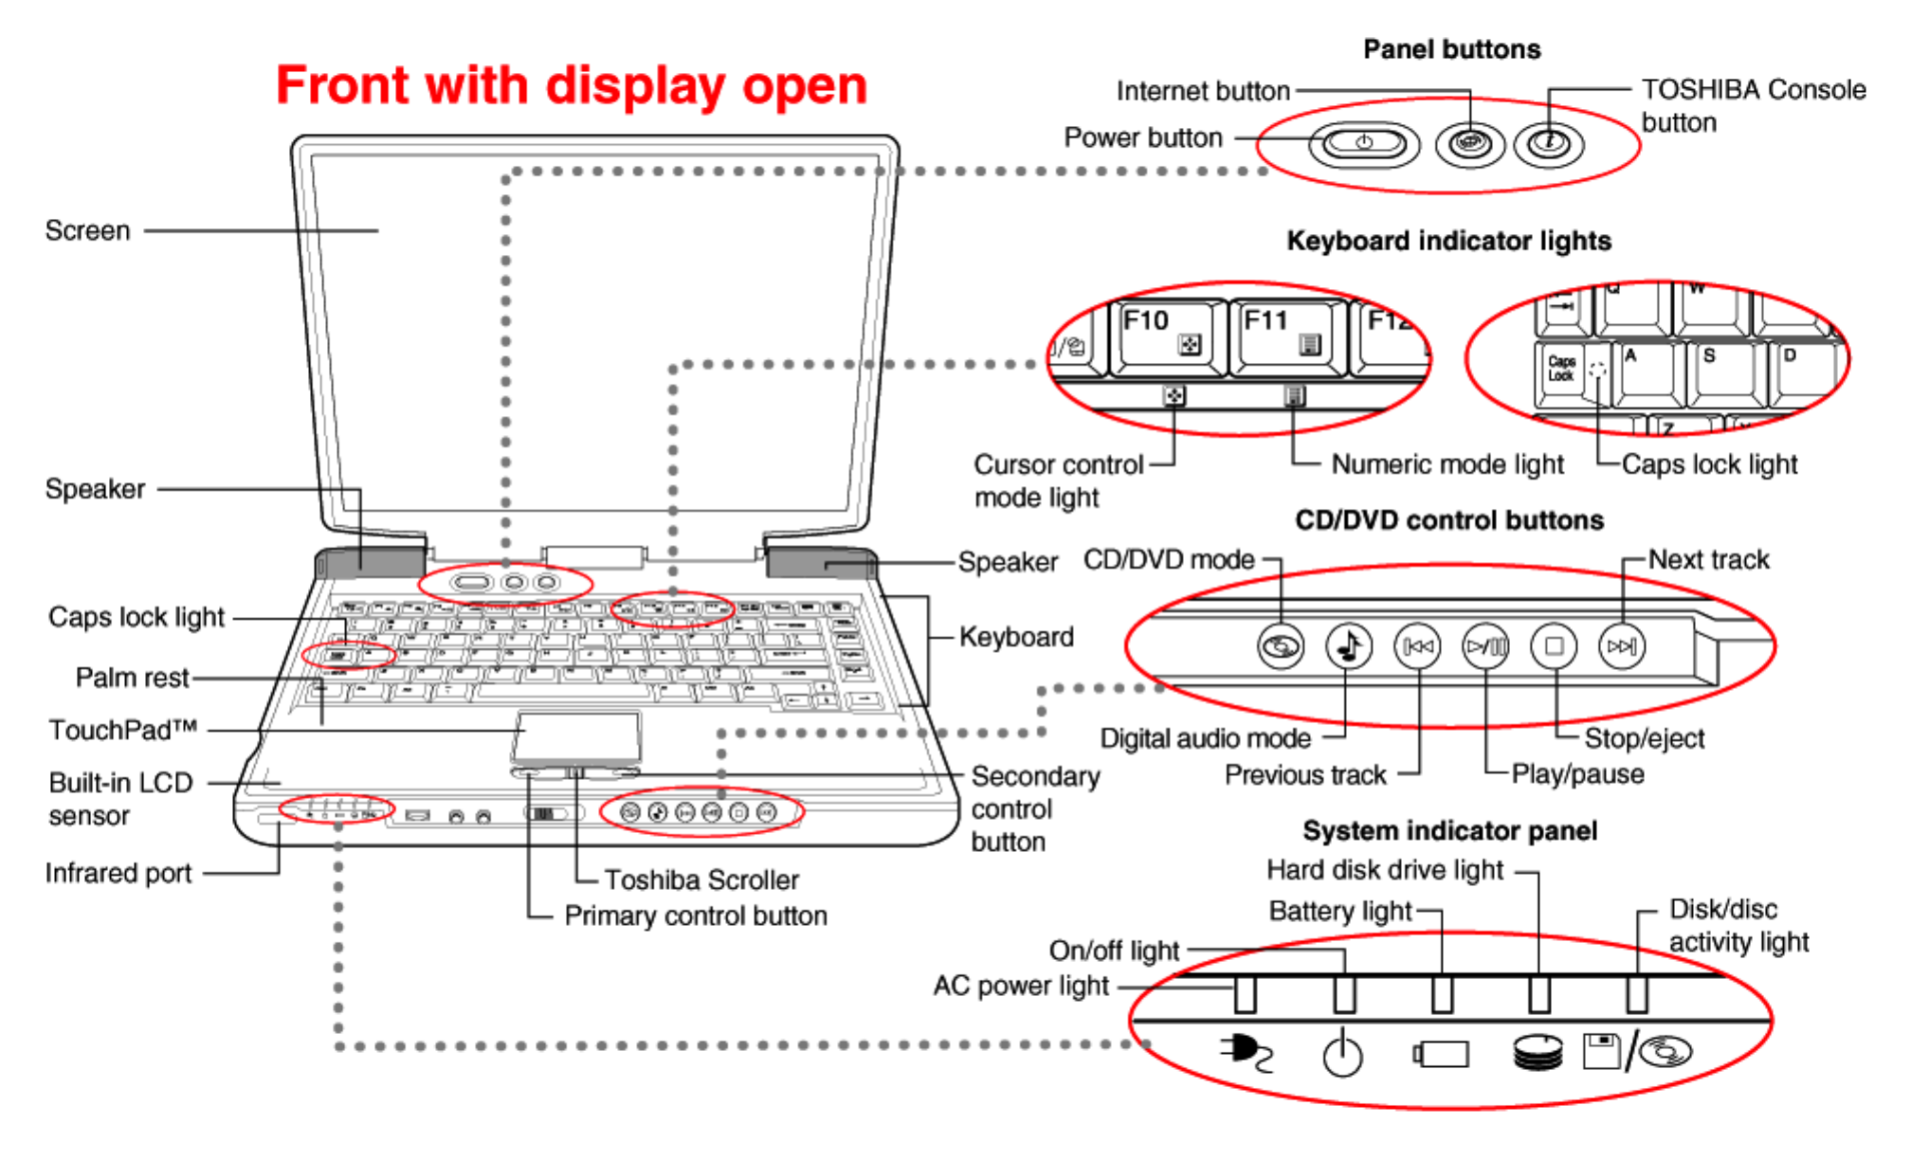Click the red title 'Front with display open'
point(572,85)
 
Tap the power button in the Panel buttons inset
point(1364,143)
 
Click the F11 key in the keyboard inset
point(1285,335)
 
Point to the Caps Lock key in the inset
point(1561,369)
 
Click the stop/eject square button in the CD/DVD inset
point(1554,646)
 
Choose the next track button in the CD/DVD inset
point(1621,646)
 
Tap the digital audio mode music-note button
point(1348,646)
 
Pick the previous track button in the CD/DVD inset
point(1417,646)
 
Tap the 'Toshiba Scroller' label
point(701,880)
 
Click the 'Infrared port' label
point(118,873)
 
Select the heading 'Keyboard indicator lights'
point(1448,241)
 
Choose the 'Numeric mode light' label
point(1447,464)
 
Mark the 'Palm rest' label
point(132,678)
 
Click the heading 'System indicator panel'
point(1449,831)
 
